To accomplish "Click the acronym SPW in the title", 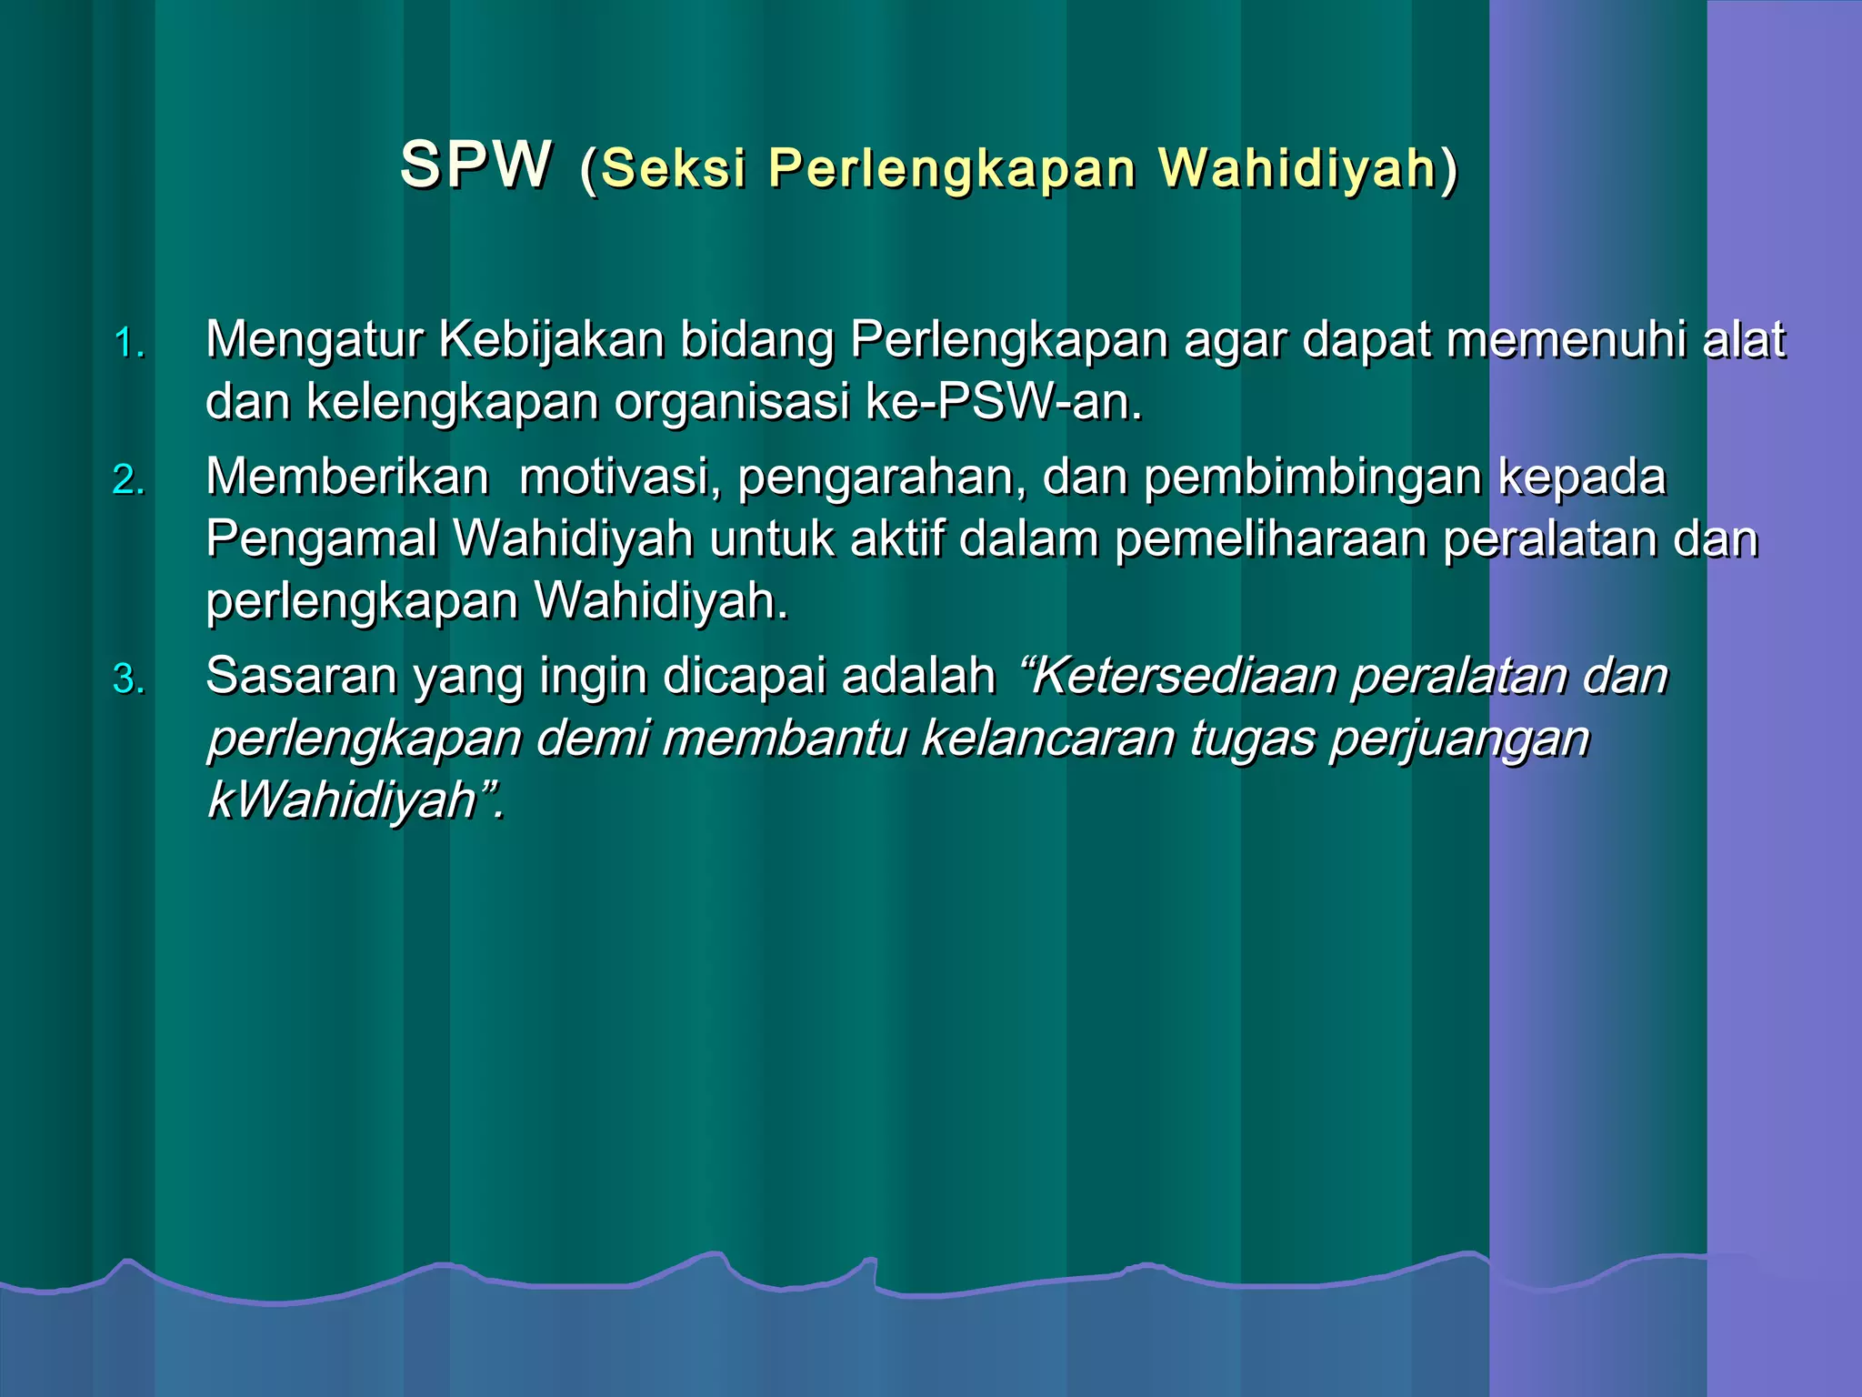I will pyautogui.click(x=476, y=166).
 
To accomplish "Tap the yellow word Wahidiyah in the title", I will pyautogui.click(x=1297, y=168).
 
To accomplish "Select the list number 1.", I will pyautogui.click(x=129, y=344).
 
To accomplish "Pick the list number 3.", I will pyautogui.click(x=129, y=679).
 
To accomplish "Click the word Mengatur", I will pyautogui.click(x=315, y=340).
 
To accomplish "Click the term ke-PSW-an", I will pyautogui.click(x=1004, y=401).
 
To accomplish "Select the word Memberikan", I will pyautogui.click(x=347, y=477).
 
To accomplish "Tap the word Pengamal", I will pyautogui.click(x=322, y=538).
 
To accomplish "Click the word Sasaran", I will pyautogui.click(x=302, y=676).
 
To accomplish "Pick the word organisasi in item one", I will pyautogui.click(x=732, y=403).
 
